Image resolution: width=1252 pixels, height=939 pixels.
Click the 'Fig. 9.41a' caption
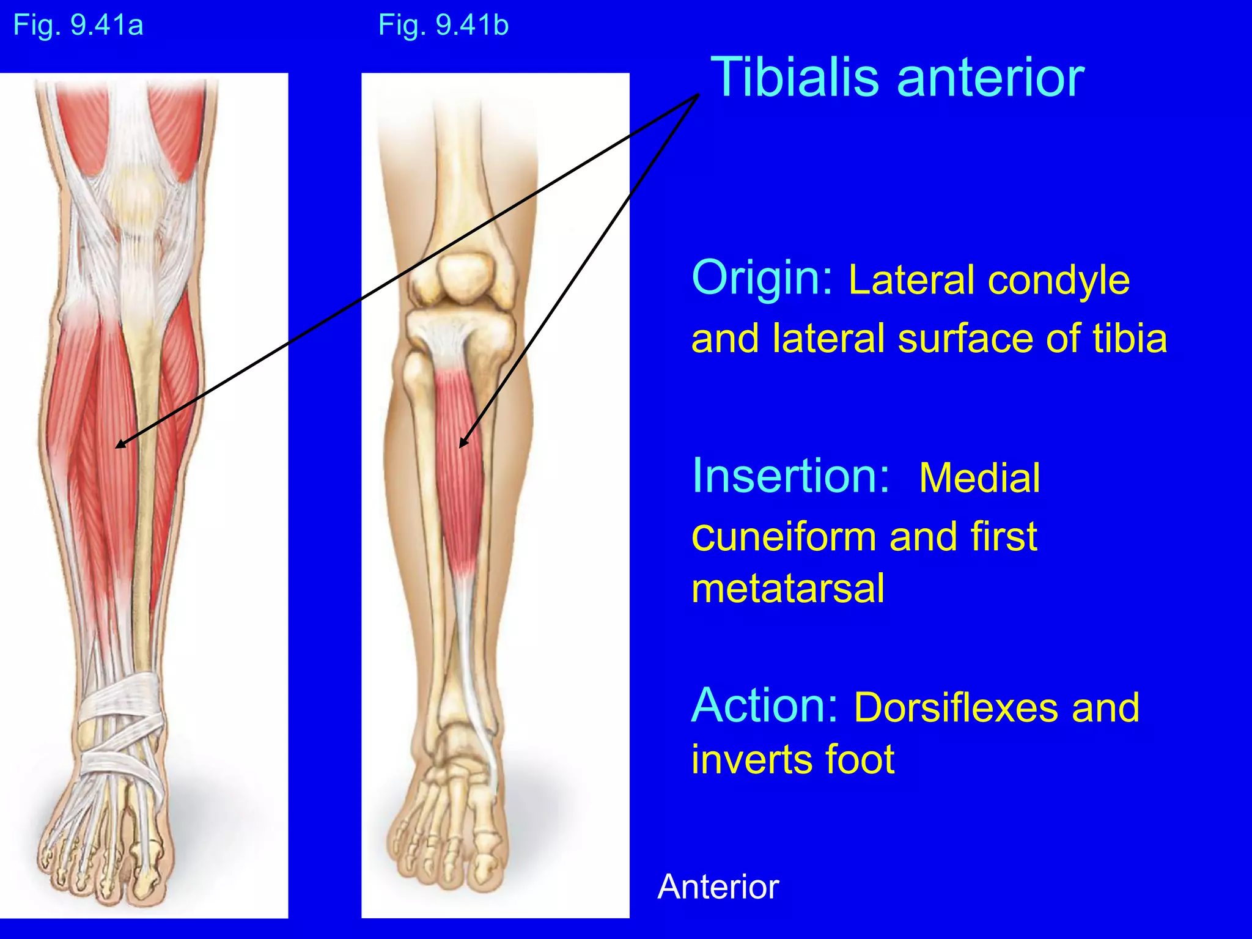pyautogui.click(x=78, y=26)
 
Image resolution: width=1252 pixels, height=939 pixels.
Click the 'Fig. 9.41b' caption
pyautogui.click(x=443, y=26)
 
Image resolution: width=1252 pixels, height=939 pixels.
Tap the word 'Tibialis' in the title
pyautogui.click(x=795, y=78)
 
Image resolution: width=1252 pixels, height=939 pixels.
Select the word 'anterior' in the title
pyautogui.click(x=990, y=78)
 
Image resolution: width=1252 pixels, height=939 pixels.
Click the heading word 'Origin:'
pyautogui.click(x=762, y=278)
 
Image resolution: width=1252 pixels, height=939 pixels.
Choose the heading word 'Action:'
pyautogui.click(x=764, y=706)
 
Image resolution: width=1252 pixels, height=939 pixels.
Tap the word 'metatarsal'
pyautogui.click(x=787, y=589)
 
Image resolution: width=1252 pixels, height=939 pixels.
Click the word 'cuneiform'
pyautogui.click(x=785, y=537)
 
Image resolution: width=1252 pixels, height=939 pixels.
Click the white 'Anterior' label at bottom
pyautogui.click(x=718, y=886)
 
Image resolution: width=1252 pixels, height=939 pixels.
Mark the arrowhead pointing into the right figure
pyautogui.click(x=462, y=444)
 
